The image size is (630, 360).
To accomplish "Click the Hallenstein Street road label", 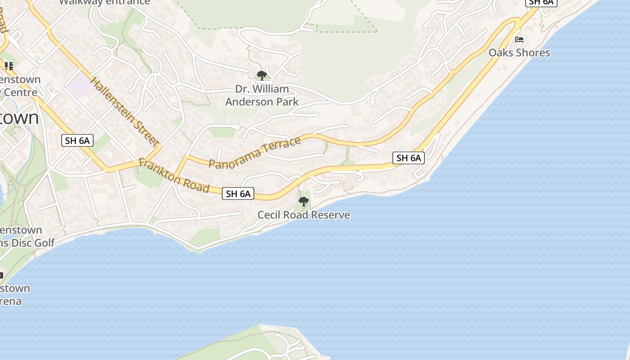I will [x=125, y=112].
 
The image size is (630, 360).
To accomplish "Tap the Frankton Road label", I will [x=174, y=175].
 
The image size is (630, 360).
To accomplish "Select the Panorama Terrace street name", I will [x=254, y=153].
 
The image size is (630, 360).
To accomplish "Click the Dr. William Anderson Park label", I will [x=261, y=95].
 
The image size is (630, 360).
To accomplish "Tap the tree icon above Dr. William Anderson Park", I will [x=261, y=75].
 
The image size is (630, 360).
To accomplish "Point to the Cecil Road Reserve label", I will [x=303, y=215].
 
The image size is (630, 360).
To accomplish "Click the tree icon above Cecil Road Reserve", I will [x=304, y=201].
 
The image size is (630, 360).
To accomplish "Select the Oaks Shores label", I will [x=519, y=53].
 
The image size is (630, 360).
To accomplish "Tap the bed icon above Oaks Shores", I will [x=519, y=39].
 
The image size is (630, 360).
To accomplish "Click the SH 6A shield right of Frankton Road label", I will [x=238, y=194].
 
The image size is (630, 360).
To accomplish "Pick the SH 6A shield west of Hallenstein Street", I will [x=77, y=140].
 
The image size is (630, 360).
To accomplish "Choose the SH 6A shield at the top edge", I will [x=541, y=2].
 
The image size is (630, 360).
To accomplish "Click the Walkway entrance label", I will [x=104, y=2].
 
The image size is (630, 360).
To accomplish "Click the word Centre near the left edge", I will [x=20, y=93].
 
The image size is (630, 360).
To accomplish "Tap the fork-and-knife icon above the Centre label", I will [x=9, y=66].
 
